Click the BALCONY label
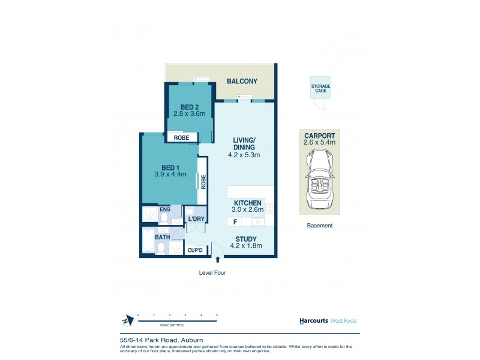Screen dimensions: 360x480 click(242, 82)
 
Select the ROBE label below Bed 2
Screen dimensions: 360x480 click(181, 138)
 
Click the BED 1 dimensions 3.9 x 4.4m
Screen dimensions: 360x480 click(170, 175)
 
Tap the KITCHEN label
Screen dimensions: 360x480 click(247, 203)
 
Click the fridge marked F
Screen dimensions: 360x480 click(235, 222)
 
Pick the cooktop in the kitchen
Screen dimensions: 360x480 click(270, 209)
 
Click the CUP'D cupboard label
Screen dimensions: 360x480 click(194, 249)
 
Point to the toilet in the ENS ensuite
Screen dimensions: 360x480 click(164, 218)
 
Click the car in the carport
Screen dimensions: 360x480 click(319, 180)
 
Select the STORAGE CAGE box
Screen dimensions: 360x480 click(320, 89)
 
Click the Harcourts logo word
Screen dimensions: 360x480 click(313, 321)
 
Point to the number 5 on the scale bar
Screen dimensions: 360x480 click(217, 314)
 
